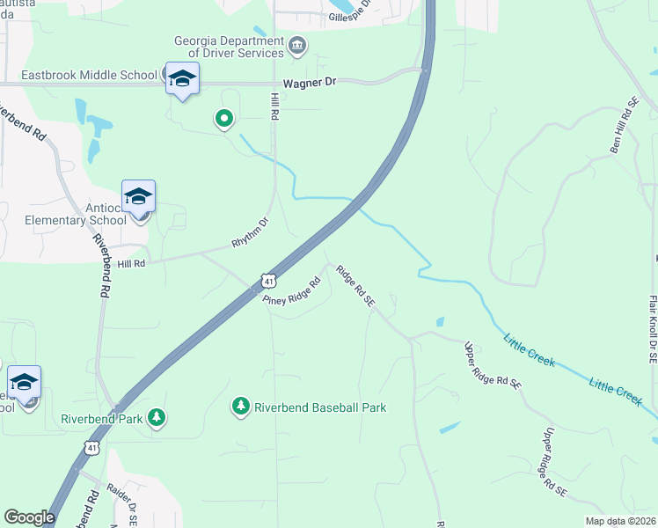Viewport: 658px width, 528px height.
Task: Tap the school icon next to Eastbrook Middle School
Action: point(182,78)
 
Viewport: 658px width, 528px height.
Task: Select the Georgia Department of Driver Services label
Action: point(228,46)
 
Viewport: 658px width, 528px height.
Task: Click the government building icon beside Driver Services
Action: point(297,45)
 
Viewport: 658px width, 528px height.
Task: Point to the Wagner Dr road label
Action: point(310,83)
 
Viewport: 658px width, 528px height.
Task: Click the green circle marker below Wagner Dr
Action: point(224,118)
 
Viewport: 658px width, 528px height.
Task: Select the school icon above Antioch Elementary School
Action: point(138,196)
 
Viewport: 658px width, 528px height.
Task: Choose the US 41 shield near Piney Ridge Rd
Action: point(269,281)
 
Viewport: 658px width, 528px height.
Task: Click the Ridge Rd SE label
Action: point(355,287)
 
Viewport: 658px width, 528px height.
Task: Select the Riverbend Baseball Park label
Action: point(320,407)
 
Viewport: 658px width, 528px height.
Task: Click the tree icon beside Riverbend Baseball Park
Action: point(240,406)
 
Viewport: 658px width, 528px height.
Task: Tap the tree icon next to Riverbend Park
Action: point(156,416)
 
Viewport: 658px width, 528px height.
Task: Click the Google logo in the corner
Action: point(29,517)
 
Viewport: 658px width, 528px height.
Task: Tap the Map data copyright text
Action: point(619,521)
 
